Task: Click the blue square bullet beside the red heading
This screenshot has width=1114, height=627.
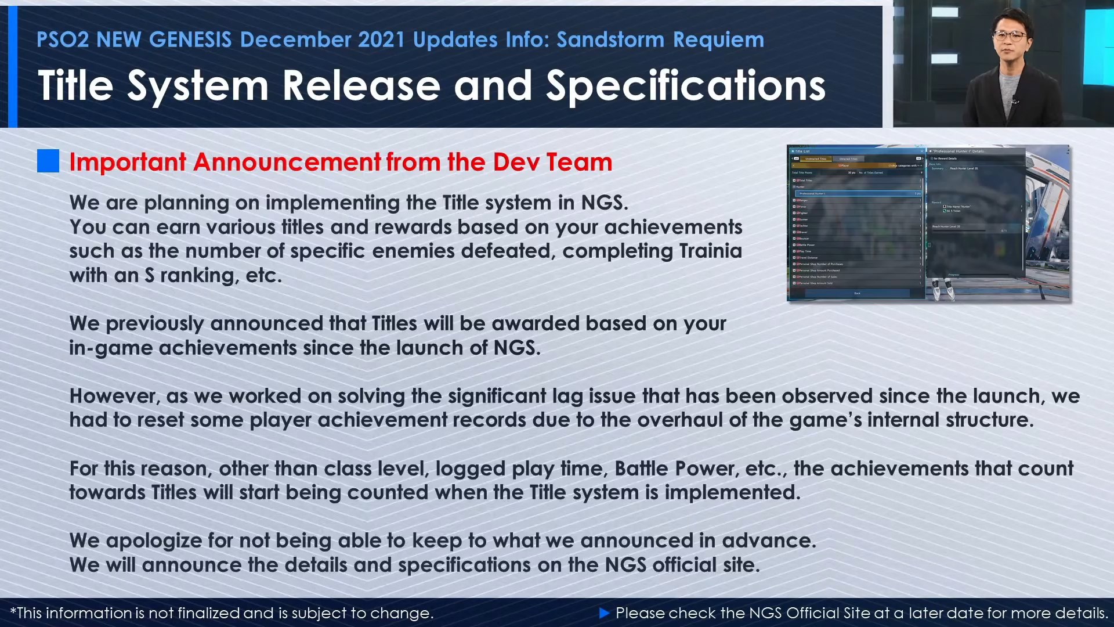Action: click(x=48, y=161)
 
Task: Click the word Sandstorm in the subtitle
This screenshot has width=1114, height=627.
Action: click(x=610, y=39)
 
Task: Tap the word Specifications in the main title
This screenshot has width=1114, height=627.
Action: click(x=685, y=86)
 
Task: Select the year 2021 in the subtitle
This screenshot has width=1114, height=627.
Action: click(x=381, y=39)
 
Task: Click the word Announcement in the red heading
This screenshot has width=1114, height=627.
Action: click(x=287, y=162)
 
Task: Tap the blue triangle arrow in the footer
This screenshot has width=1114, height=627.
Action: click(x=604, y=612)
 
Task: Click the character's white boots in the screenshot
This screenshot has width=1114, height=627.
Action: click(x=943, y=289)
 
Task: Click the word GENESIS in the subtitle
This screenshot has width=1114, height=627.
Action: click(x=190, y=39)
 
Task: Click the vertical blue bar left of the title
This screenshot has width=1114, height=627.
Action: click(x=13, y=67)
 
